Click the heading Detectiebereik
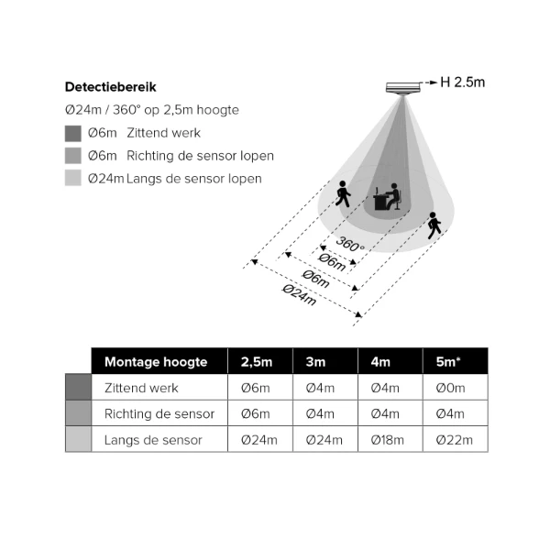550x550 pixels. coord(111,87)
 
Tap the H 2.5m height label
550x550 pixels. coord(463,82)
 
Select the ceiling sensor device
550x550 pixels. coord(403,88)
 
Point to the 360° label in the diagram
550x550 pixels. coord(350,244)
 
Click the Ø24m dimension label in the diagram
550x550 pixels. coord(300,294)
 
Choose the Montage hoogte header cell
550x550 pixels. coord(156,362)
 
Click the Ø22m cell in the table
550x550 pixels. coord(455,440)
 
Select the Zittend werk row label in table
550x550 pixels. coord(141,388)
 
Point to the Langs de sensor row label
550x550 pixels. coord(153,440)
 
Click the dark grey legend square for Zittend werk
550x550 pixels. coord(73,133)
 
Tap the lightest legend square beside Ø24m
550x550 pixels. coord(73,178)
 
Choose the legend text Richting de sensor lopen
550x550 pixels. coord(200,156)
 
